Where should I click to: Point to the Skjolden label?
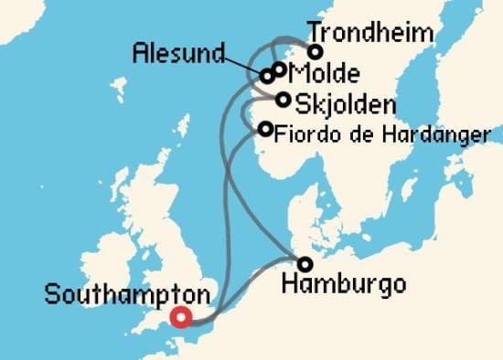[x=339, y=101]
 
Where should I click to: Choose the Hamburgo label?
[x=344, y=285]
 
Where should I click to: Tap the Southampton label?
[x=126, y=296]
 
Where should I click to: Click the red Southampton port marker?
[x=181, y=318]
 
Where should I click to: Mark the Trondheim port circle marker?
[x=316, y=52]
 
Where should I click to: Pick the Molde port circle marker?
[x=279, y=69]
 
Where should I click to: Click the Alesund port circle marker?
[x=267, y=76]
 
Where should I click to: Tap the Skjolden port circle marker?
[x=285, y=100]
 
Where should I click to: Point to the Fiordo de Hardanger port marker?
[x=265, y=129]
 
